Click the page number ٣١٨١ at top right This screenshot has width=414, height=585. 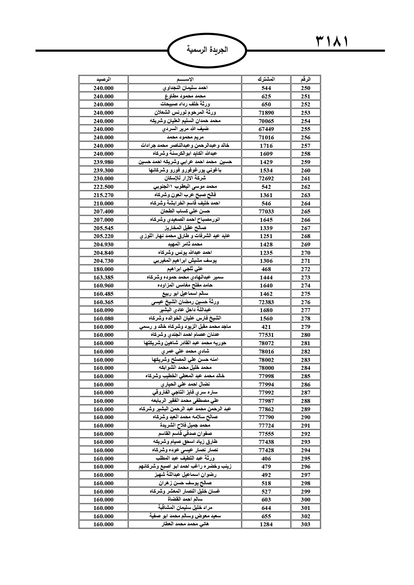(x=332, y=42)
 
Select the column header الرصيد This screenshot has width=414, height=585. (x=103, y=79)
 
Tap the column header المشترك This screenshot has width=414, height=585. (x=266, y=79)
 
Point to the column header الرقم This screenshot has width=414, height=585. (x=305, y=79)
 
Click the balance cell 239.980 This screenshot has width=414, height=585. (x=103, y=162)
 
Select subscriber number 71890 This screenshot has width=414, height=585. (x=266, y=113)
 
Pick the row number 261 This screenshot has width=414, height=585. (x=305, y=178)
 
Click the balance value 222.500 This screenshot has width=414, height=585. (x=103, y=187)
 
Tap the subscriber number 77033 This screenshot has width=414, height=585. (x=266, y=211)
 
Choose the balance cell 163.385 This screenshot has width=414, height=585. (x=103, y=277)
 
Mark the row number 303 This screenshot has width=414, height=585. (x=305, y=524)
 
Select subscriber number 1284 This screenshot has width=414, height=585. (x=266, y=524)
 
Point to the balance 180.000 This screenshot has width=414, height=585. (x=103, y=269)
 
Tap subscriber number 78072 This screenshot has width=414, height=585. (x=266, y=343)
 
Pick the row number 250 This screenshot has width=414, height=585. (x=305, y=88)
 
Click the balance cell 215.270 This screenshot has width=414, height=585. (x=103, y=195)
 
